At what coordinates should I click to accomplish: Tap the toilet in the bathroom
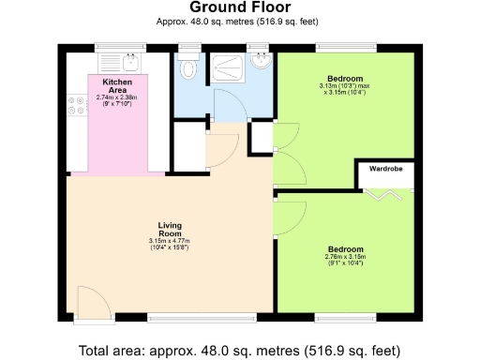pos(190,67)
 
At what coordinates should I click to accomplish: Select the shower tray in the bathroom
pos(227,67)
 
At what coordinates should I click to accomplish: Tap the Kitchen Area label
pos(117,85)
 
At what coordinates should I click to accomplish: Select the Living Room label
pos(170,230)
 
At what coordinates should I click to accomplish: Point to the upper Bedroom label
pos(344,78)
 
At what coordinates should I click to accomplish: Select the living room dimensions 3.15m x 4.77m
pos(170,245)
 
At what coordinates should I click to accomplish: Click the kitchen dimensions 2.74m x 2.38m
pos(117,98)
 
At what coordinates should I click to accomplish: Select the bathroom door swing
pos(227,105)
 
